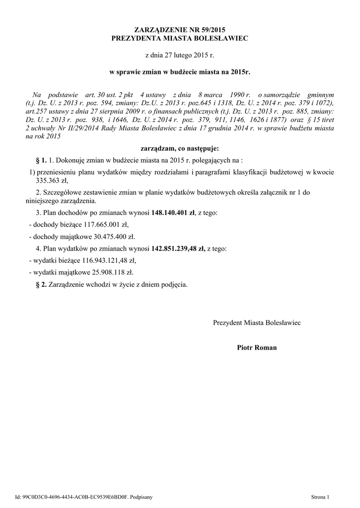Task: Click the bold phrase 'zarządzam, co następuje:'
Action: coord(180,147)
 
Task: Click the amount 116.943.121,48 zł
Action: coord(104,260)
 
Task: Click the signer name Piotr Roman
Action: coord(257,348)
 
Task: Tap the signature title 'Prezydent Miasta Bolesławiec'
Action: coord(257,322)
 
